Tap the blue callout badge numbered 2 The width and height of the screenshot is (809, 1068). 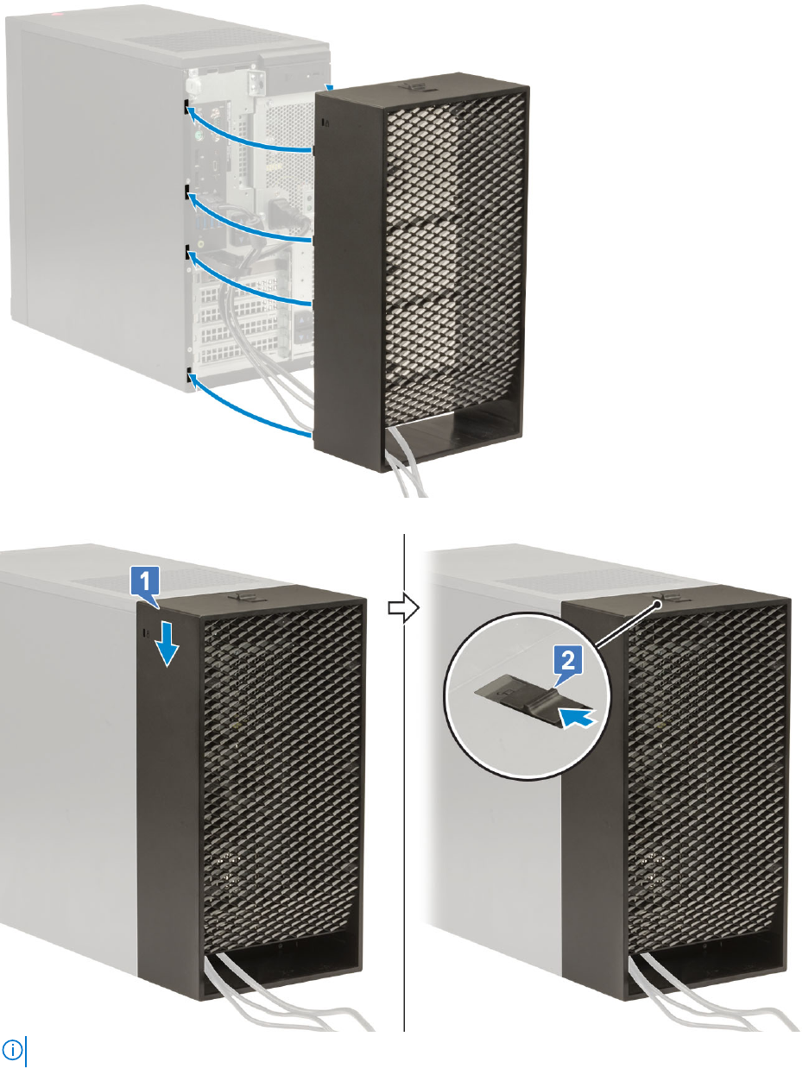566,663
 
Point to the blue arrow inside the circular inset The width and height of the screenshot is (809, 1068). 576,715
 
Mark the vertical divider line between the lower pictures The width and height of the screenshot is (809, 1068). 404,776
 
